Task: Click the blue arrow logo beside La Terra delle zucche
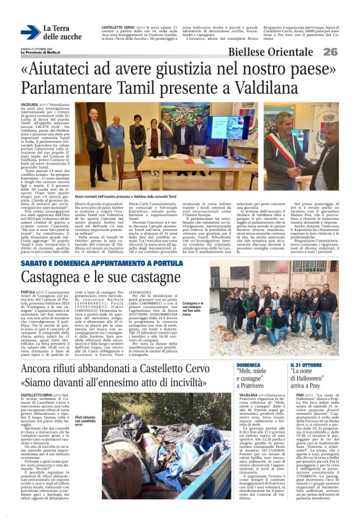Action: point(30,32)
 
